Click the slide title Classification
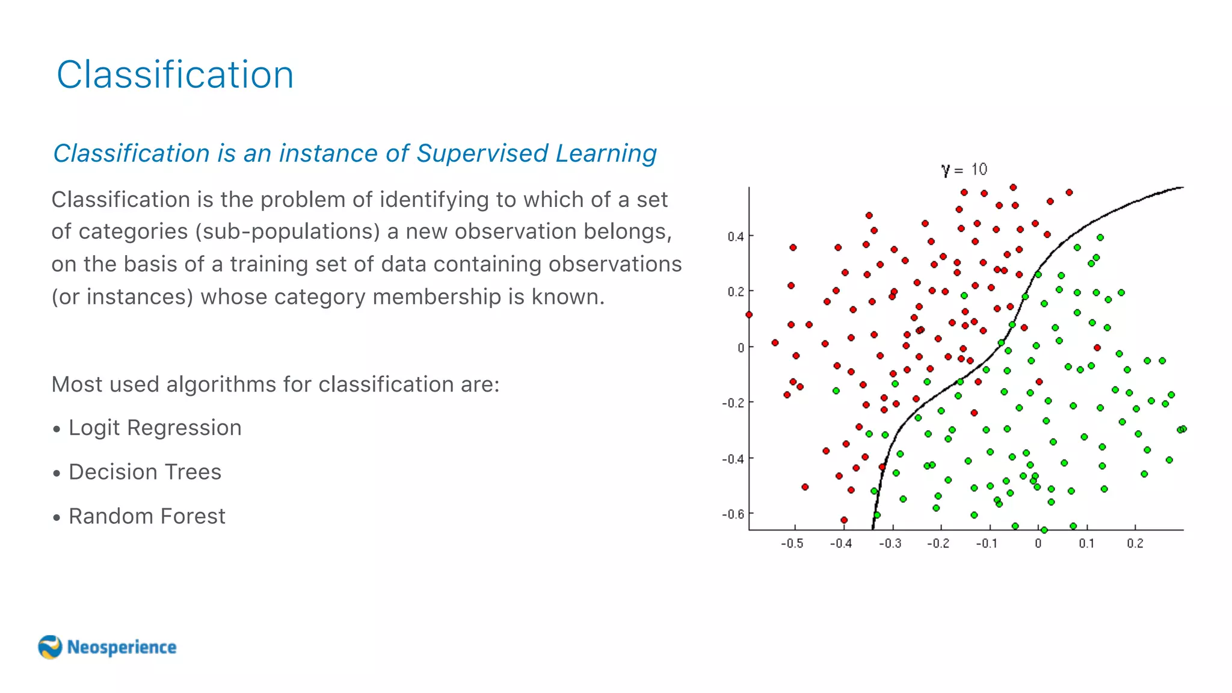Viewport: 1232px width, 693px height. point(175,75)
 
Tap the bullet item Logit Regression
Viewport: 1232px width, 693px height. point(155,428)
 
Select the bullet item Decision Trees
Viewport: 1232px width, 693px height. point(145,472)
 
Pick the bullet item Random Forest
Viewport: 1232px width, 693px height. point(147,516)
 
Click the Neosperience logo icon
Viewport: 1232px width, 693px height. point(50,647)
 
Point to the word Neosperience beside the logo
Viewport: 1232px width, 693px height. point(122,647)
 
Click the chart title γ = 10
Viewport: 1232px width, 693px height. point(964,170)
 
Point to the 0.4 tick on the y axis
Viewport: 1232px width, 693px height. point(735,236)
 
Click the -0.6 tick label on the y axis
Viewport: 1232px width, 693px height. point(733,514)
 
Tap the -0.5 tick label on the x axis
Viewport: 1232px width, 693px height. point(792,544)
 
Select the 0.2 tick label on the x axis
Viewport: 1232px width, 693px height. point(1135,544)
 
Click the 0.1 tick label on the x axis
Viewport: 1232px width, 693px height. point(1086,544)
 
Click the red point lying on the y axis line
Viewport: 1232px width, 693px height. point(749,315)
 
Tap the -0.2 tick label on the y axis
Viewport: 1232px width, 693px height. point(733,402)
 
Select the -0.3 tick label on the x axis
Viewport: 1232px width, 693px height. point(890,544)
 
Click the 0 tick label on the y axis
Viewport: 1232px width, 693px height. point(741,348)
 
